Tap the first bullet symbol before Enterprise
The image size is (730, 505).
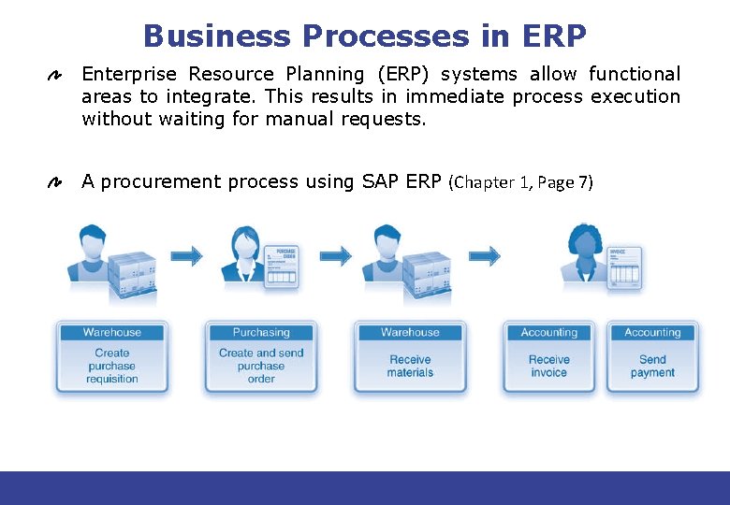[55, 76]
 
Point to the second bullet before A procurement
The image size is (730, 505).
[55, 183]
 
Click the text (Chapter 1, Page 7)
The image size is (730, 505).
[521, 183]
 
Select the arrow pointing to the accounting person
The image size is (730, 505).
[485, 255]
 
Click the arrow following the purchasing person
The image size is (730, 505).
[335, 255]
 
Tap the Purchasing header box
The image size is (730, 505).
[261, 333]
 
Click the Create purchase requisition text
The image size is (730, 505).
[112, 367]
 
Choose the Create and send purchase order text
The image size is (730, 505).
[261, 367]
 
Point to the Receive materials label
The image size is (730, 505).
[410, 367]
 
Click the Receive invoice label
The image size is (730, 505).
[548, 367]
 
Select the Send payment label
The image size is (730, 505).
[652, 367]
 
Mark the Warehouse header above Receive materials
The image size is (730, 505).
[410, 333]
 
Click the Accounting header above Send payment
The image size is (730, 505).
[652, 333]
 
